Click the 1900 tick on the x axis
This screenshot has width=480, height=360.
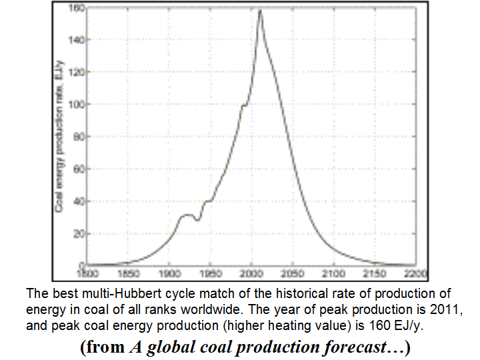click(169, 273)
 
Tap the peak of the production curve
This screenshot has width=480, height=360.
click(259, 10)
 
